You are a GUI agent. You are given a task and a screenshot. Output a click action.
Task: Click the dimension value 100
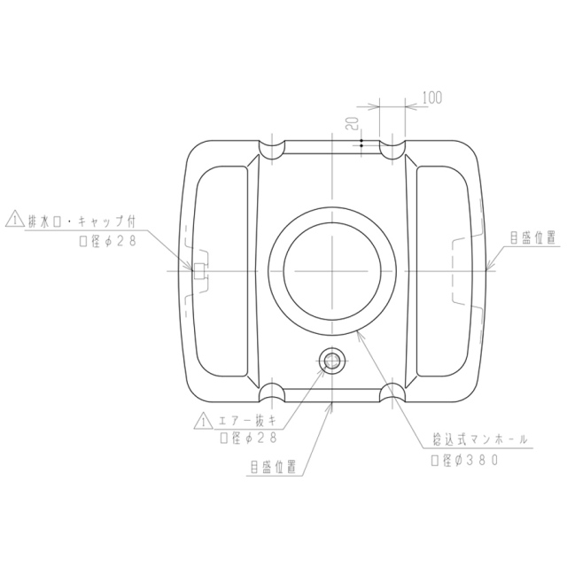[432, 97]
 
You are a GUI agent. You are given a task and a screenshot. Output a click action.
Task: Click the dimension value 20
[353, 123]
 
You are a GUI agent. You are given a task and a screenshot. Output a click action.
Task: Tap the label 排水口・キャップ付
[81, 221]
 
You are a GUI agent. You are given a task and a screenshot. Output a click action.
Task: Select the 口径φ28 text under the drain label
[108, 241]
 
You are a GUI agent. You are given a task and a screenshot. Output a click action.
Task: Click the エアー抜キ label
[247, 421]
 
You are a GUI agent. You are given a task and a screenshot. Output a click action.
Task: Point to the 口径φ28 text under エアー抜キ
[248, 438]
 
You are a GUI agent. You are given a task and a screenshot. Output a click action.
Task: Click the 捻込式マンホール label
[480, 439]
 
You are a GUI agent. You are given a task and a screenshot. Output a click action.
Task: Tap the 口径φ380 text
[464, 461]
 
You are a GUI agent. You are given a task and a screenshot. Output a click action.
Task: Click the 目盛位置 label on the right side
[532, 238]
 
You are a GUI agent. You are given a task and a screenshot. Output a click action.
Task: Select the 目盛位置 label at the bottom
[274, 467]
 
